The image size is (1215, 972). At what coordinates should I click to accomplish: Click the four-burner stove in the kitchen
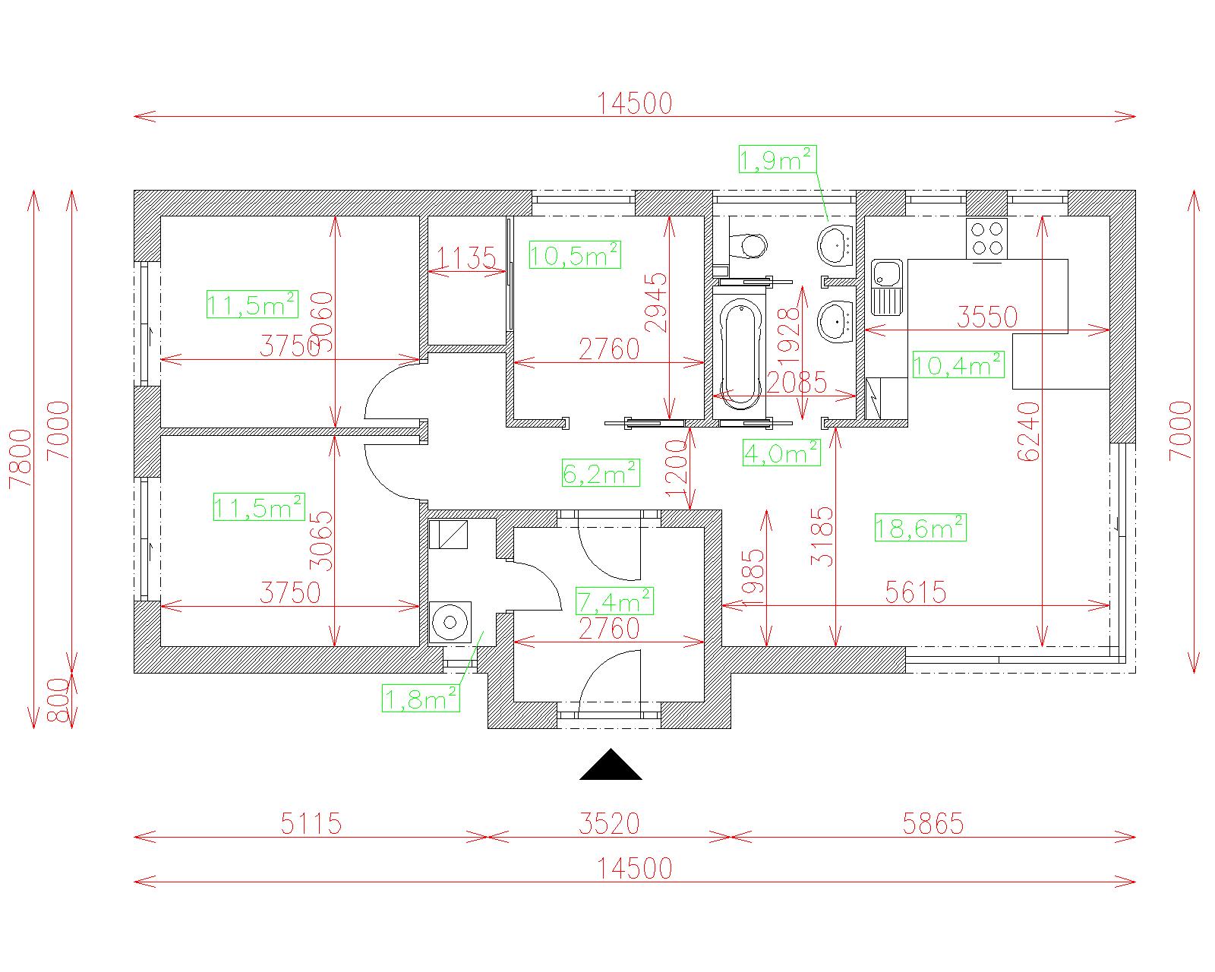986,237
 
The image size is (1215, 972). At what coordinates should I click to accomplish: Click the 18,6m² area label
920,527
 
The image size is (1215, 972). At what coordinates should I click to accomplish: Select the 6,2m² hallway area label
600,474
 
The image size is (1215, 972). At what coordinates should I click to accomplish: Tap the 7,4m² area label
614,601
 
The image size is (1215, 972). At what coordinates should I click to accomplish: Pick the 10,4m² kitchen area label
958,365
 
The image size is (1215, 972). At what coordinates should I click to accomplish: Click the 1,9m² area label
777,160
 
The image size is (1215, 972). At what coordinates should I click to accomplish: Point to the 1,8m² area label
421,699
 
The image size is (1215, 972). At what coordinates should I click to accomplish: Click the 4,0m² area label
781,453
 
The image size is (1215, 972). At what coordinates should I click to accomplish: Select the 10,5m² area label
574,255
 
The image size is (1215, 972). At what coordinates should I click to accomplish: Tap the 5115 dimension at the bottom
311,823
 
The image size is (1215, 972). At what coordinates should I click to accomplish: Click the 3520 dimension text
609,823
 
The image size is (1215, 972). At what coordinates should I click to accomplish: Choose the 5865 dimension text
933,823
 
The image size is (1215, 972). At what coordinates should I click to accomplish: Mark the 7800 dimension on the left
21,458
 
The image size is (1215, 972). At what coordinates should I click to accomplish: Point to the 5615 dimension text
916,592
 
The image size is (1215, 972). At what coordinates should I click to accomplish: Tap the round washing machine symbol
450,623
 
